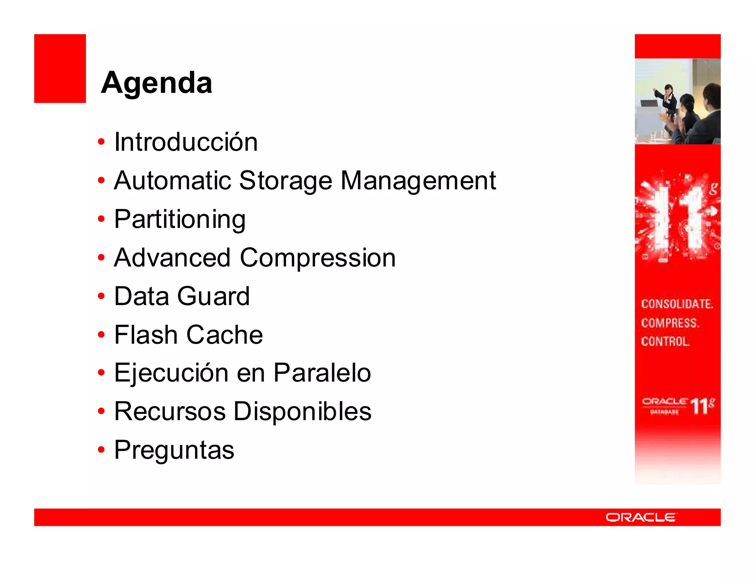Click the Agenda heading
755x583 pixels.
point(156,83)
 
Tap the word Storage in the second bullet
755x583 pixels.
point(285,181)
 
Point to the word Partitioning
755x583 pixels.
point(180,220)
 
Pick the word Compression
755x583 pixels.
point(318,258)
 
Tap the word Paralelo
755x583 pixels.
point(322,373)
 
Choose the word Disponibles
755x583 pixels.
point(302,411)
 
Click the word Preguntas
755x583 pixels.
point(174,450)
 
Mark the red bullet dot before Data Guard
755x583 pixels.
point(101,296)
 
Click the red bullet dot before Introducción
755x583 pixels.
point(101,142)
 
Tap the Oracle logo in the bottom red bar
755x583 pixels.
point(641,517)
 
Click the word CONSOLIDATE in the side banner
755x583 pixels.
point(677,304)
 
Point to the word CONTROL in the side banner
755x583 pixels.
point(665,342)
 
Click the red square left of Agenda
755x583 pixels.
point(60,69)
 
